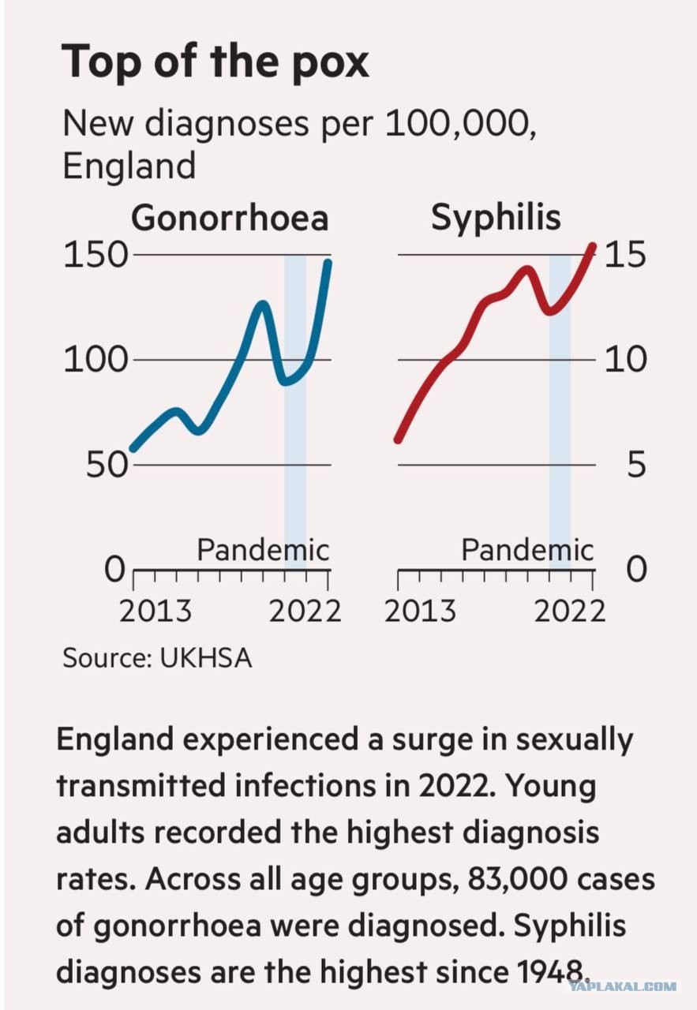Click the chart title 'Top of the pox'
[215, 62]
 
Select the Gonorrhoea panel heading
[230, 219]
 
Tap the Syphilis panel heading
[496, 219]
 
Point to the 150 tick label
[96, 255]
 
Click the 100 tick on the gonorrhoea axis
[96, 359]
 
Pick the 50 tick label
[107, 465]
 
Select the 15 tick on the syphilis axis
[625, 255]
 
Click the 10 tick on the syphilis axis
[625, 359]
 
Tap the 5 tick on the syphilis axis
[636, 465]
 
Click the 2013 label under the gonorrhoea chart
[156, 612]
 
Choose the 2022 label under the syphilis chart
[569, 612]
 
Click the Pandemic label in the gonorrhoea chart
[263, 550]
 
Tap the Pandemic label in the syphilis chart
[527, 550]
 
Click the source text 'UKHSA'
[206, 658]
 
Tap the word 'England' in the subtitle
[129, 166]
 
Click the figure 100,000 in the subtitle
[461, 124]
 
